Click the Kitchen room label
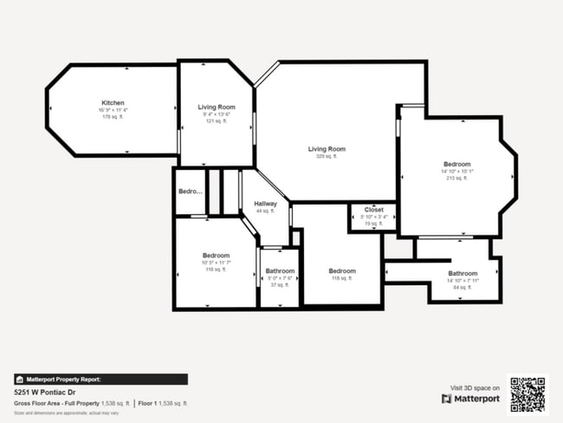[x=113, y=102]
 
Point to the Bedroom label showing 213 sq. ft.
[x=456, y=164]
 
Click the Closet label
[x=373, y=210]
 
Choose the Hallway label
[x=265, y=204]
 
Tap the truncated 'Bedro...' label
[x=190, y=191]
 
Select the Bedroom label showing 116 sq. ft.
[x=216, y=256]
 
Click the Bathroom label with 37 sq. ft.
[x=280, y=271]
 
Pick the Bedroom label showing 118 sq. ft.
[x=342, y=271]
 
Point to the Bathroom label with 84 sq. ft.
[x=463, y=274]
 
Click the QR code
[x=527, y=394]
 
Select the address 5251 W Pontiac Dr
[x=44, y=391]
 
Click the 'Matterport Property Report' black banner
[x=100, y=379]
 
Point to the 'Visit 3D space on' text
[x=475, y=387]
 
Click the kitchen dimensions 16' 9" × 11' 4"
[x=113, y=110]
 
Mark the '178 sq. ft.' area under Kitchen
[x=113, y=117]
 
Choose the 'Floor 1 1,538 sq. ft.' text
[x=162, y=403]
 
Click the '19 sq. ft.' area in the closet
[x=373, y=224]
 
